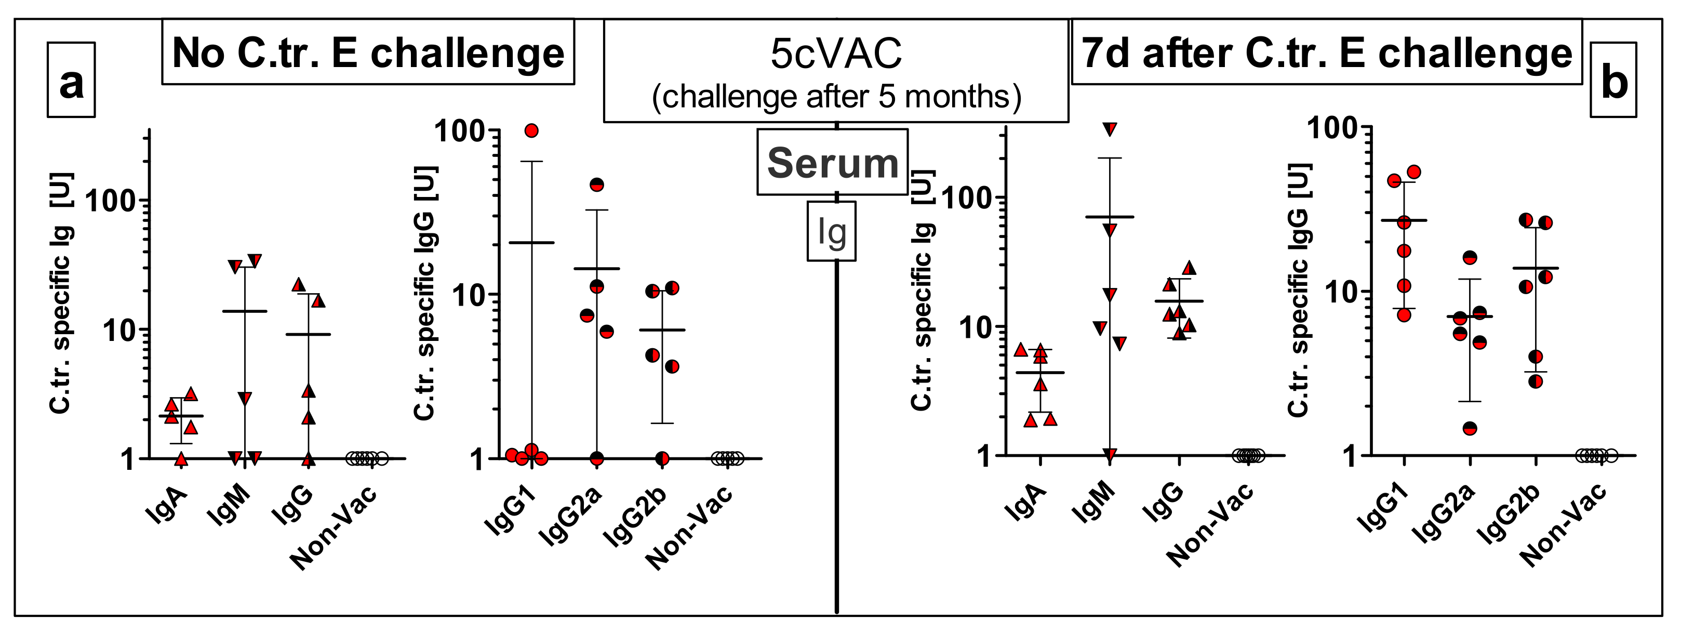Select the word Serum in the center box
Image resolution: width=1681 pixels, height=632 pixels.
[x=833, y=163]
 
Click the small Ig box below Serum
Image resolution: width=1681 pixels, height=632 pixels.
[x=831, y=231]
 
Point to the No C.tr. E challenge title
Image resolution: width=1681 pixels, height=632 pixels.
[x=368, y=52]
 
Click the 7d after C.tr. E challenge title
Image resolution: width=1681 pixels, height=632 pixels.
[x=1327, y=52]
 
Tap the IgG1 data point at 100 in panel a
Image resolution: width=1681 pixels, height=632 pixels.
[x=531, y=130]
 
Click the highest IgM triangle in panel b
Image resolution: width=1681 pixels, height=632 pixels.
[x=1110, y=128]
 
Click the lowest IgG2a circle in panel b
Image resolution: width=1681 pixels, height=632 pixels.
[x=1470, y=428]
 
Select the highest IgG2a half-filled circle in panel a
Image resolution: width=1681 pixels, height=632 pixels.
[x=596, y=185]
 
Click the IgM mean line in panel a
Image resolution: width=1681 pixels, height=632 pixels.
[x=245, y=311]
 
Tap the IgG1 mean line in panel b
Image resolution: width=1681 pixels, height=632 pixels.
[x=1404, y=220]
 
